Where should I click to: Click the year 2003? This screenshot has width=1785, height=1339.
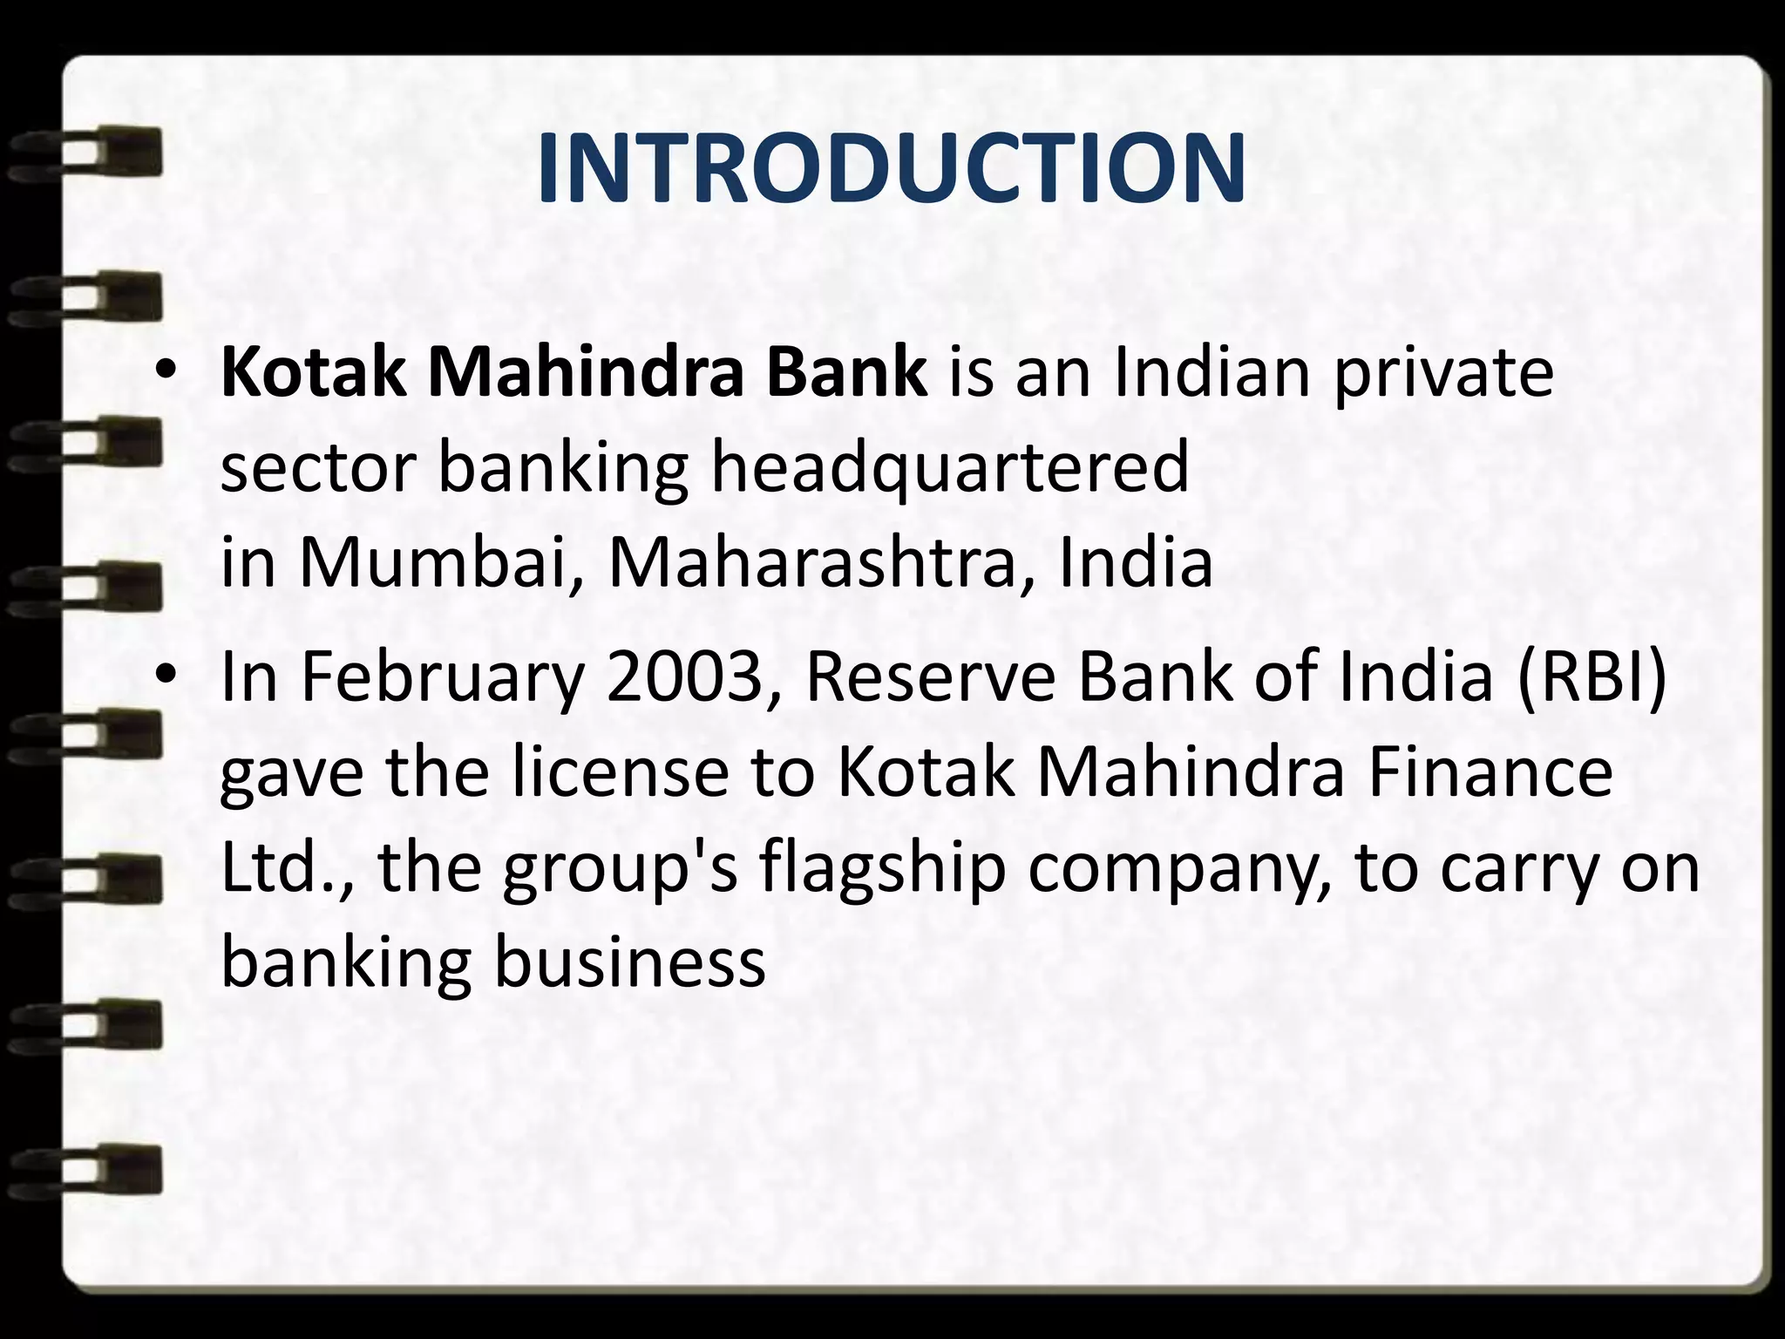[x=683, y=677]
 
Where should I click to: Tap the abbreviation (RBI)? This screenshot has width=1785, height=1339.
[x=1592, y=677]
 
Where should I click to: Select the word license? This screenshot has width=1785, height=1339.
[x=620, y=773]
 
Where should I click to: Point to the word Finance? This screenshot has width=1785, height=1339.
[x=1490, y=773]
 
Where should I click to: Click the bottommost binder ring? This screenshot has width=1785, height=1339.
[x=87, y=1168]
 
